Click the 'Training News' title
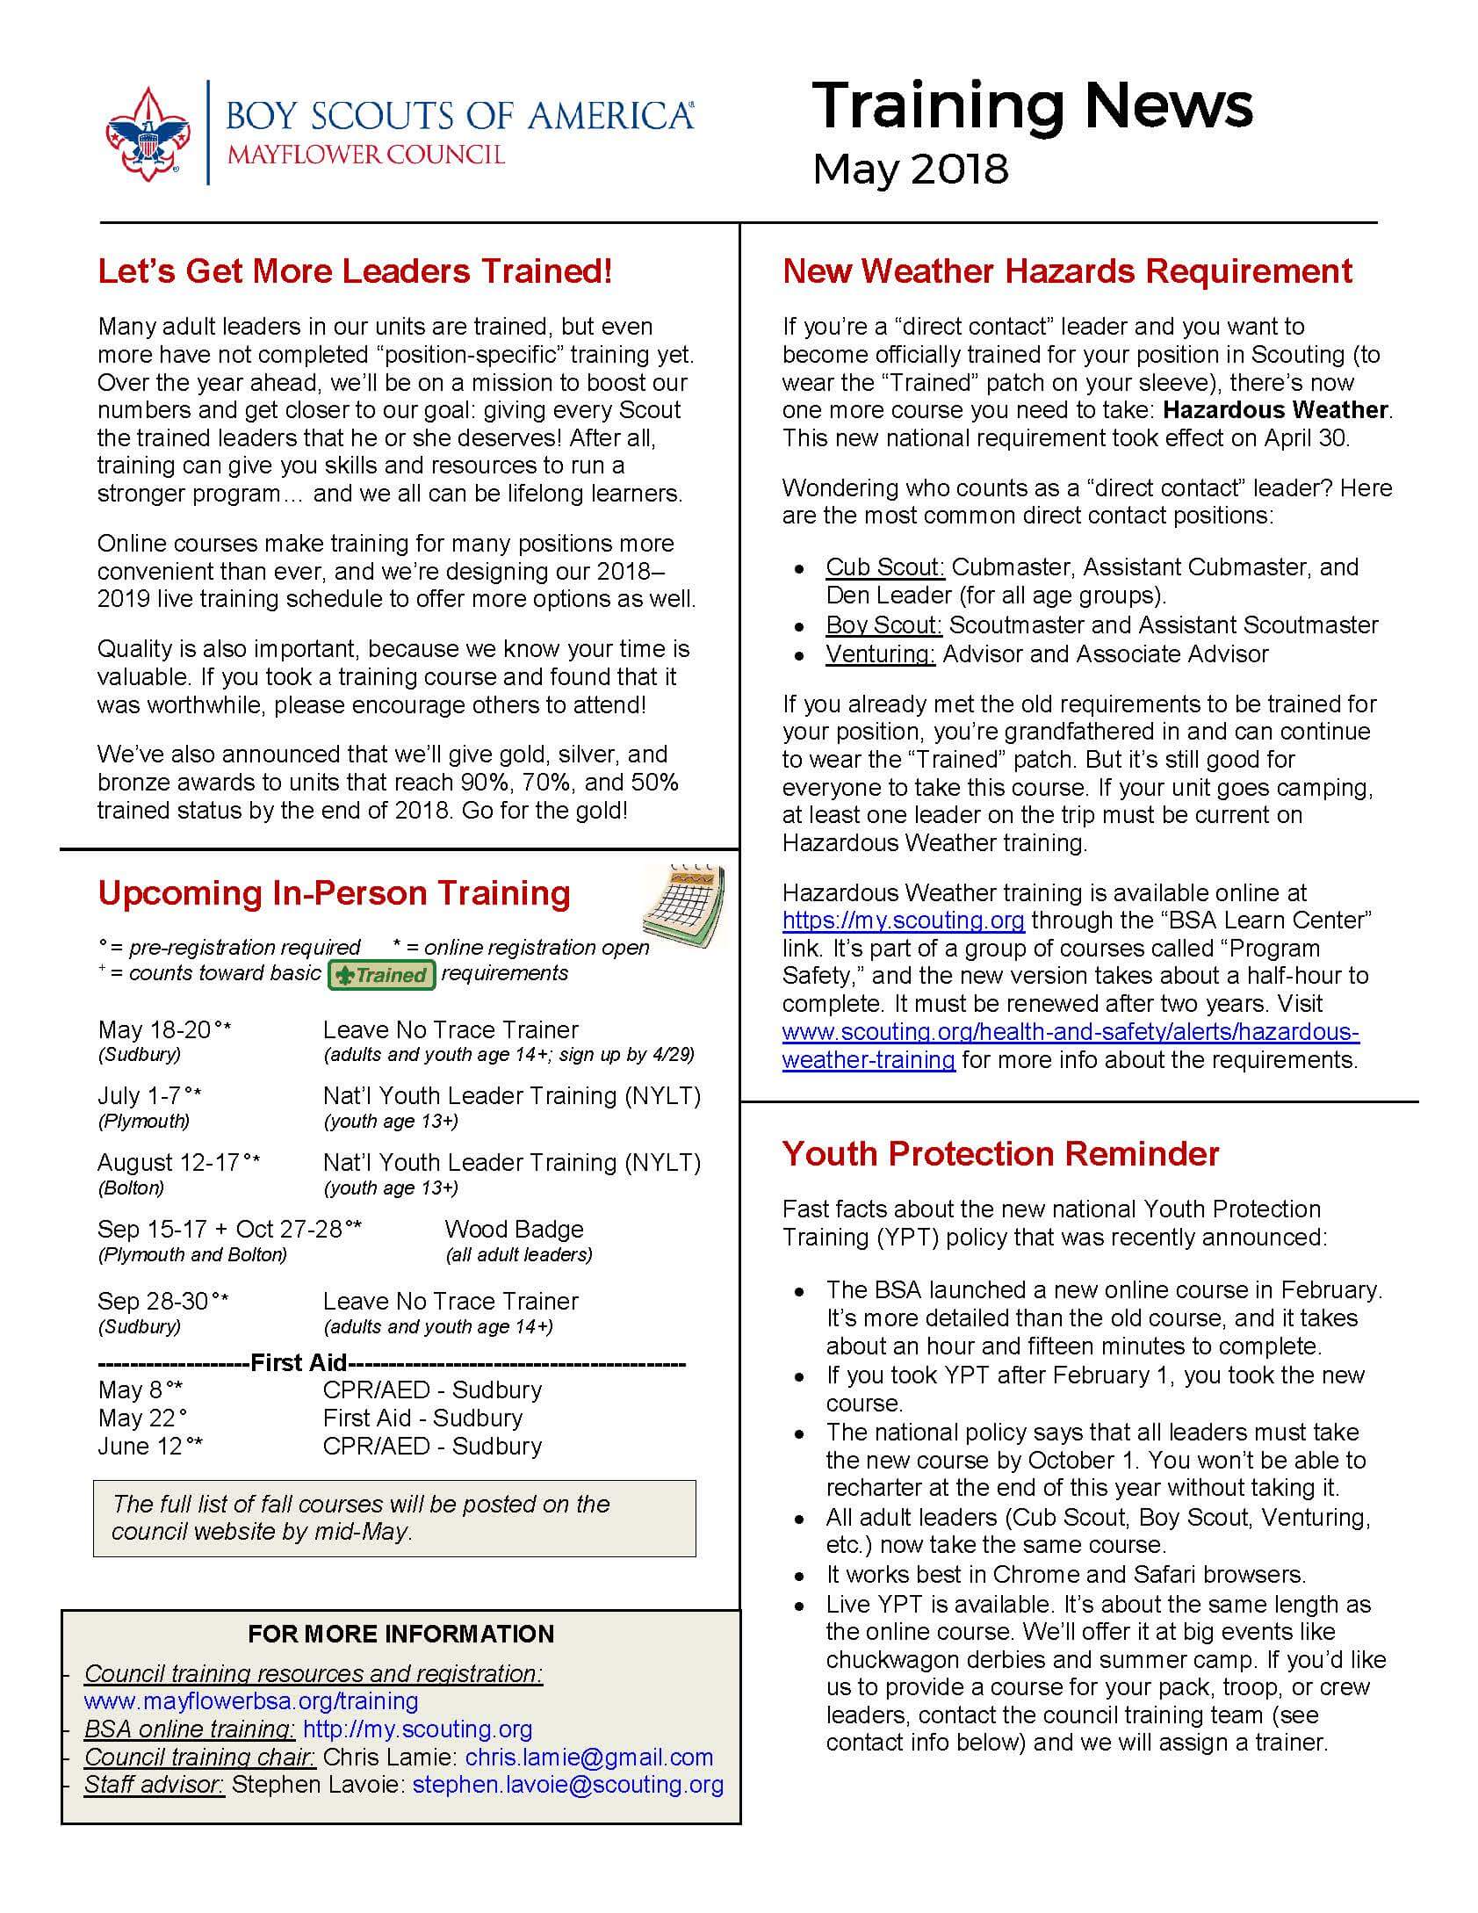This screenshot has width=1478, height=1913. pos(1032,106)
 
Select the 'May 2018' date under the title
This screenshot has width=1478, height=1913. pos(910,169)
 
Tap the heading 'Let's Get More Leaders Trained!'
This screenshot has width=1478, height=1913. pos(355,271)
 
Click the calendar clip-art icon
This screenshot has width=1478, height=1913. pos(683,904)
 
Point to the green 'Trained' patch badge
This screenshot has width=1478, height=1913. pos(381,975)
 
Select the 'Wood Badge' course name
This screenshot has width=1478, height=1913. pos(514,1229)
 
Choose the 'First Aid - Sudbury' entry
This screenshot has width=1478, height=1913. pos(422,1418)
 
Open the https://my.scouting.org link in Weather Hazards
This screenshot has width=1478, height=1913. pos(904,920)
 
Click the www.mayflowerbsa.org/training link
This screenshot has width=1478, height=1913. pos(251,1700)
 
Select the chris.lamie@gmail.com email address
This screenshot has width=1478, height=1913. pos(588,1757)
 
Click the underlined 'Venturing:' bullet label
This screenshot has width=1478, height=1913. pos(880,654)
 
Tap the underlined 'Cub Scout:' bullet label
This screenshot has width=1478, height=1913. pos(884,567)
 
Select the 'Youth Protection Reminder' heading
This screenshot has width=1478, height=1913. pos(1000,1153)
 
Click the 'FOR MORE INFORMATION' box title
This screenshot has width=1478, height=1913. pos(400,1634)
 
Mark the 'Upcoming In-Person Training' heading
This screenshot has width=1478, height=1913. pos(334,892)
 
